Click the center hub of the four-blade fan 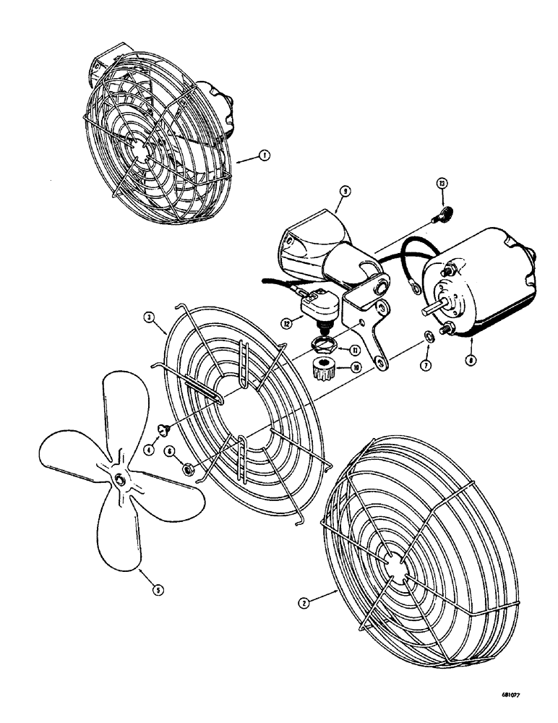tap(119, 479)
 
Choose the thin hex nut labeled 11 tap(322, 341)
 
